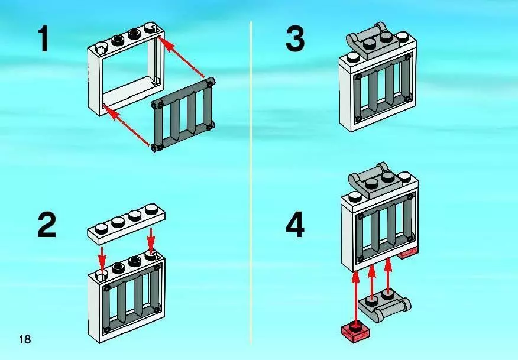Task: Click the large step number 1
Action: [43, 39]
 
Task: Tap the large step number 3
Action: [294, 39]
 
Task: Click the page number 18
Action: [25, 339]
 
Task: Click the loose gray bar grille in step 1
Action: [183, 115]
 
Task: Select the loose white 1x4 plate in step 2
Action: [126, 223]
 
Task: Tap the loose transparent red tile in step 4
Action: [355, 331]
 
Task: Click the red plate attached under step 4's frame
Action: [409, 254]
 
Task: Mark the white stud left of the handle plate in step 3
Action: [354, 59]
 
